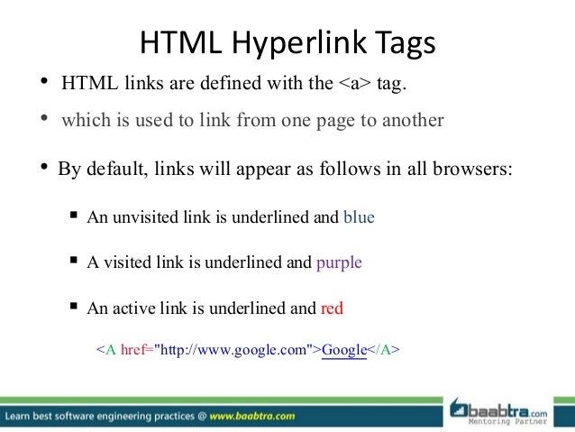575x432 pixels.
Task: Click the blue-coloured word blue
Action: coord(360,217)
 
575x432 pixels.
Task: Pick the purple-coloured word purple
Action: coord(339,262)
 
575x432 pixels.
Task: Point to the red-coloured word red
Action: coord(332,308)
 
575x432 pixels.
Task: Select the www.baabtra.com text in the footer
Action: coord(254,417)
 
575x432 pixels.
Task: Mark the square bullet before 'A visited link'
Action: coord(75,262)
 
